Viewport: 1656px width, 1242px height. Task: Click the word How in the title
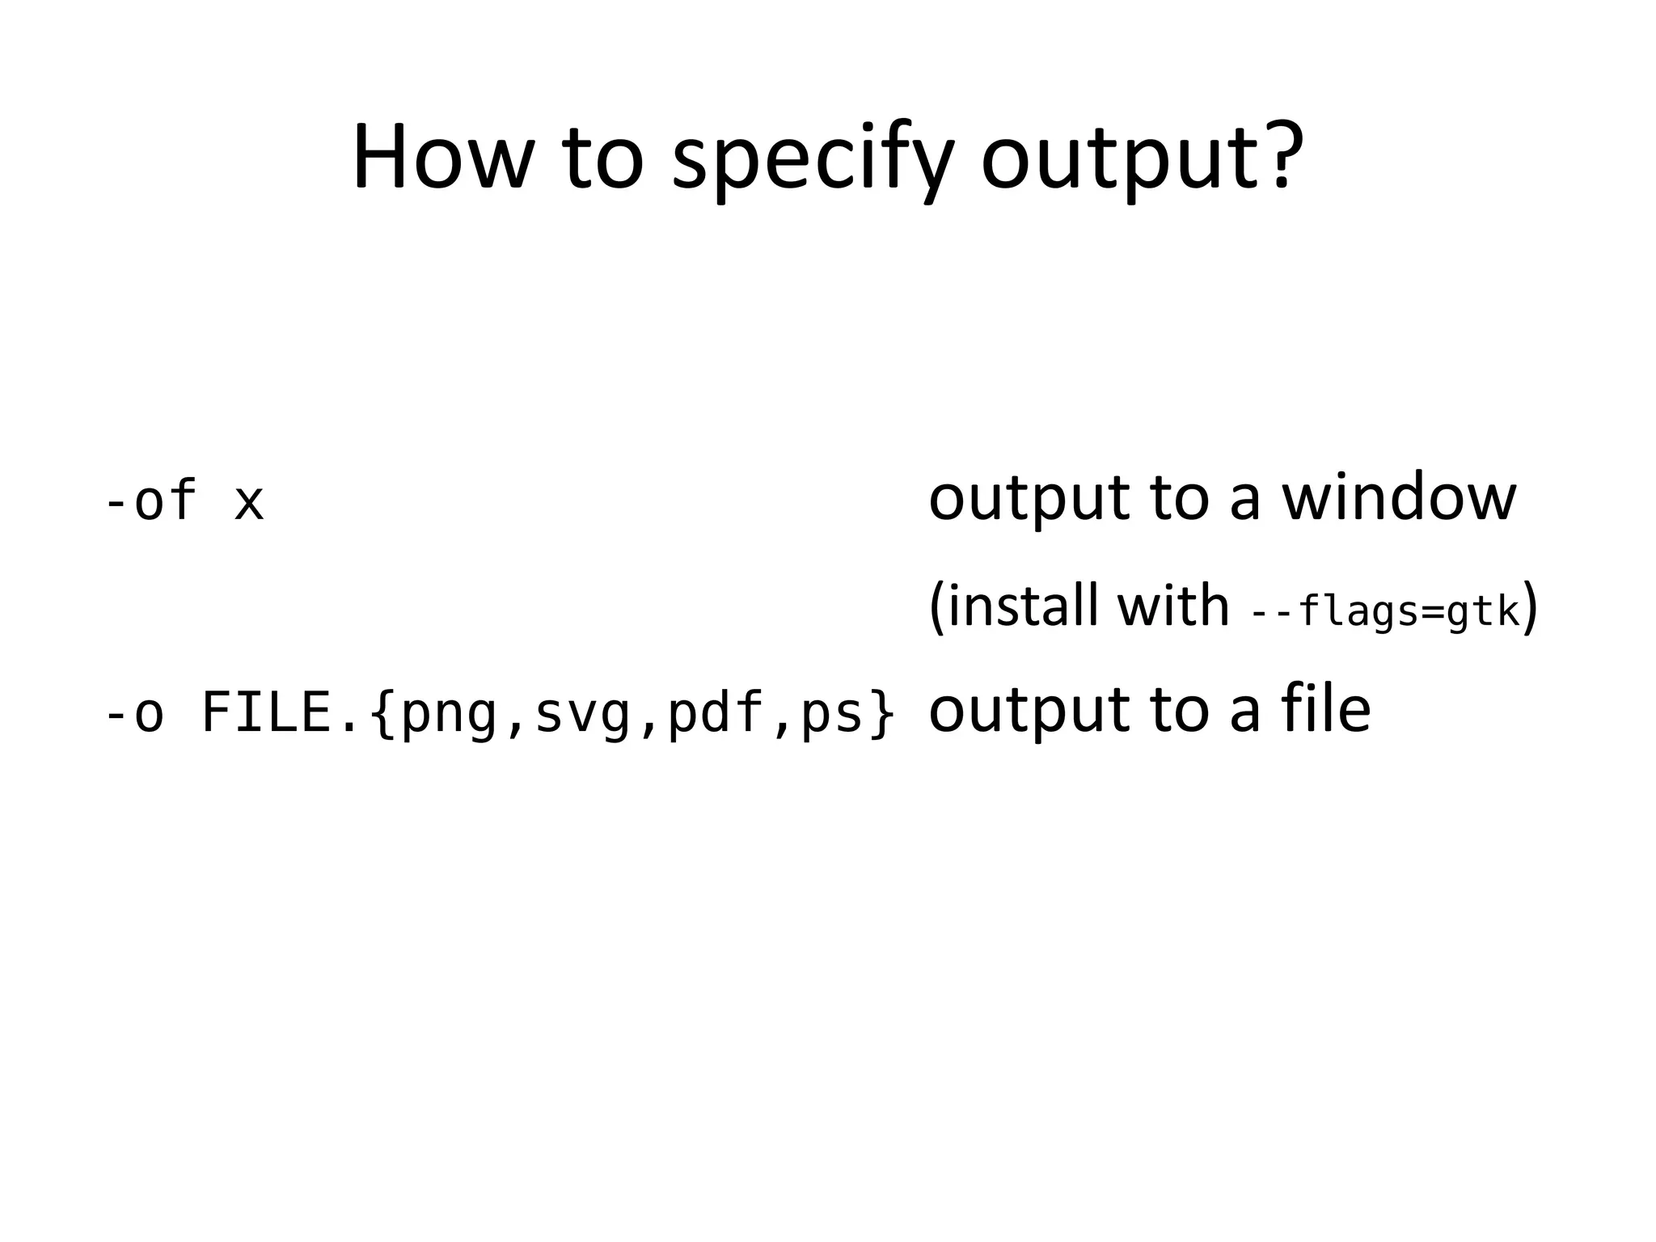click(x=441, y=158)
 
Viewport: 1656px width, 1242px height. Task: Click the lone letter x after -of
click(x=249, y=503)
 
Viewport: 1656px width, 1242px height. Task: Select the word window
click(x=1399, y=497)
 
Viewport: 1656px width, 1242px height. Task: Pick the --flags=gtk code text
click(x=1385, y=611)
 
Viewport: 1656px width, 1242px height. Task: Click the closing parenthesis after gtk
click(x=1530, y=606)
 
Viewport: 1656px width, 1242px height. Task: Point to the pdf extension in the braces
click(x=716, y=713)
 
